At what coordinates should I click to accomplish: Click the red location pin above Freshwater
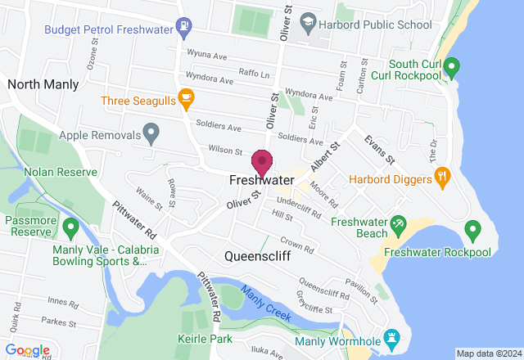point(262,161)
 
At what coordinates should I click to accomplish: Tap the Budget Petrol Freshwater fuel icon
point(186,27)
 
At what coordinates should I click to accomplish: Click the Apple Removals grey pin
point(150,131)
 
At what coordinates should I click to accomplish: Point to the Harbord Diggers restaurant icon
point(443,176)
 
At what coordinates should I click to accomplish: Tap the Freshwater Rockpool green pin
point(472,230)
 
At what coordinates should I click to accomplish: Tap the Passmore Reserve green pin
point(70,225)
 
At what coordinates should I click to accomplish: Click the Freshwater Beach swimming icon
point(398,222)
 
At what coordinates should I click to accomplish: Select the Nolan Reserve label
point(61,173)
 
